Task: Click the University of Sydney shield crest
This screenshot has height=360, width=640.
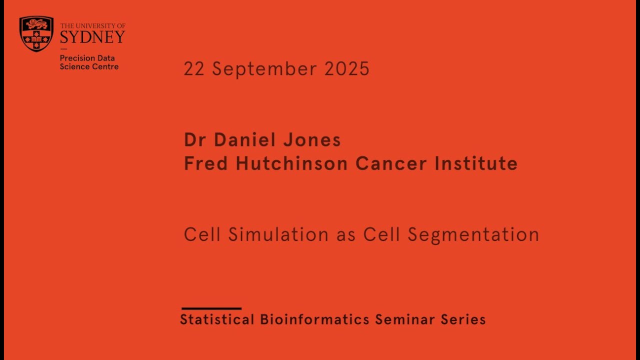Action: click(x=36, y=33)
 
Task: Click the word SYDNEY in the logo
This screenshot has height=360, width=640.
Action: click(x=92, y=36)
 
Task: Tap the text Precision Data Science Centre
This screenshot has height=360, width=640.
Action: click(x=89, y=62)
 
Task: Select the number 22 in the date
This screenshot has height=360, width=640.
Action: click(x=194, y=69)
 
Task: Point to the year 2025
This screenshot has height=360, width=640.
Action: click(x=347, y=69)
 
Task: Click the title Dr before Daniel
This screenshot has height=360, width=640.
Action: click(x=195, y=140)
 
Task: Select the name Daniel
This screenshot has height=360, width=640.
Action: click(x=245, y=140)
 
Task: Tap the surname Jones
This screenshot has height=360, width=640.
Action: click(x=312, y=140)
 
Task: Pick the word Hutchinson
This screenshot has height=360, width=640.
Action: click(x=291, y=163)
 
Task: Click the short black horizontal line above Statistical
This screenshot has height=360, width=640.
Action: click(x=211, y=308)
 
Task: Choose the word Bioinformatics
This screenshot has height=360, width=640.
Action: click(x=314, y=319)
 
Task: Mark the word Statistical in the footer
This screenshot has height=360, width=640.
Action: click(x=217, y=319)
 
